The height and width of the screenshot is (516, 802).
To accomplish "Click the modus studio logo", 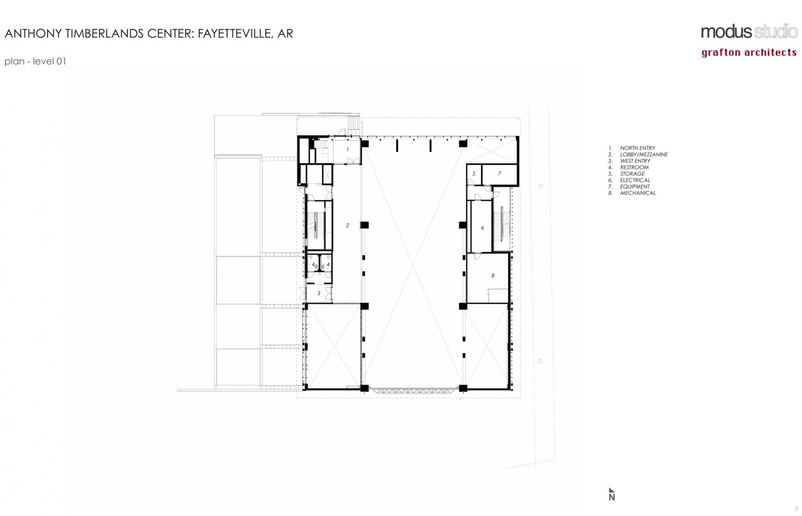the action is pyautogui.click(x=748, y=32).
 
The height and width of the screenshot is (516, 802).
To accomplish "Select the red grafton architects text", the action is pyautogui.click(x=749, y=53).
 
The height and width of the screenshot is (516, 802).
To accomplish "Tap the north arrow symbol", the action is pyautogui.click(x=612, y=494).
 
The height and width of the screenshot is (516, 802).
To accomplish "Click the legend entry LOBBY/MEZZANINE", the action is pyautogui.click(x=644, y=154).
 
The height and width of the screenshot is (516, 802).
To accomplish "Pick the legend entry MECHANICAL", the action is pyautogui.click(x=638, y=193).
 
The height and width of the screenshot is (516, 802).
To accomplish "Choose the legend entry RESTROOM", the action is pyautogui.click(x=634, y=167).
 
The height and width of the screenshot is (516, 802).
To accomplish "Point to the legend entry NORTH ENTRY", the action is pyautogui.click(x=638, y=148).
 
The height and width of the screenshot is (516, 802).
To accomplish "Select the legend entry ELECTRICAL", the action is pyautogui.click(x=635, y=180).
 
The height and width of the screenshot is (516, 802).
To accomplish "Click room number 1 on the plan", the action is pyautogui.click(x=347, y=149).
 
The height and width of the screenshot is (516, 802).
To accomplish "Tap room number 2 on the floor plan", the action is pyautogui.click(x=347, y=226).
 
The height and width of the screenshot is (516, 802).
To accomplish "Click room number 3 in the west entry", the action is pyautogui.click(x=319, y=294).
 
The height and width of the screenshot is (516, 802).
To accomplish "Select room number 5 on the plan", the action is pyautogui.click(x=474, y=174).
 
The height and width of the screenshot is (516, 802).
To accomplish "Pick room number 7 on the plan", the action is pyautogui.click(x=500, y=174).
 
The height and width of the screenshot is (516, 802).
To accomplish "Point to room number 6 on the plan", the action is pyautogui.click(x=482, y=228).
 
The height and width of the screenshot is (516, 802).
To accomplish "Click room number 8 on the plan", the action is pyautogui.click(x=493, y=276).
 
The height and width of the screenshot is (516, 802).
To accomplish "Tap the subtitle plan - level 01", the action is pyautogui.click(x=35, y=61).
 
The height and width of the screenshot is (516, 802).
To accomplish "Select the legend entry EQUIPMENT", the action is pyautogui.click(x=635, y=187).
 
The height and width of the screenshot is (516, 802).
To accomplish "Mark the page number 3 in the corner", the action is pyautogui.click(x=796, y=509).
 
